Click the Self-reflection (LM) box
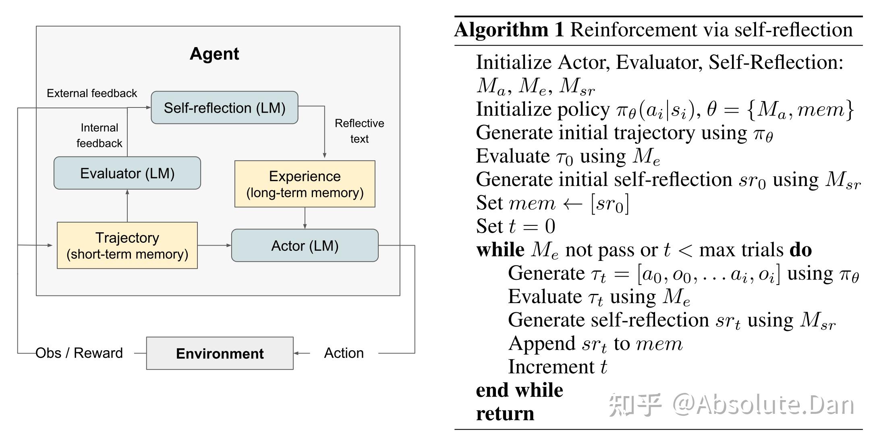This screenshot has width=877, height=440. click(224, 107)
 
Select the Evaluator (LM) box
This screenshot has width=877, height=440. click(127, 173)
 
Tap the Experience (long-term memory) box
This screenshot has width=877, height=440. click(305, 184)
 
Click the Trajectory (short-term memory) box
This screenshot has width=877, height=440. click(127, 245)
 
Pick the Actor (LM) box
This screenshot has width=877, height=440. click(305, 246)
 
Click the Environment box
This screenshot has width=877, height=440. click(220, 353)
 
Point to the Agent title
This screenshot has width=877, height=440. click(214, 54)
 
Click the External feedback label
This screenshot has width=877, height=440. click(92, 93)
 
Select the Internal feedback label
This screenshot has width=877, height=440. click(99, 135)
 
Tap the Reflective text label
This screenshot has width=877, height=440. click(359, 131)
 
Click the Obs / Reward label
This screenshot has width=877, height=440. click(79, 353)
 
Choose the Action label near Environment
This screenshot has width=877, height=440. click(344, 353)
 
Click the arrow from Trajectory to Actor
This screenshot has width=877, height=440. click(214, 245)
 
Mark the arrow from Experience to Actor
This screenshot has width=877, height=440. click(305, 218)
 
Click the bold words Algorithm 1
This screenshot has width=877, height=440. click(509, 30)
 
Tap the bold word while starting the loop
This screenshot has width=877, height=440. click(500, 250)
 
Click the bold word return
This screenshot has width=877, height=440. click(505, 413)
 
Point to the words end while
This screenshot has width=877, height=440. click(519, 390)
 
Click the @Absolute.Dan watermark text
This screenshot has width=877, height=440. click(763, 405)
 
